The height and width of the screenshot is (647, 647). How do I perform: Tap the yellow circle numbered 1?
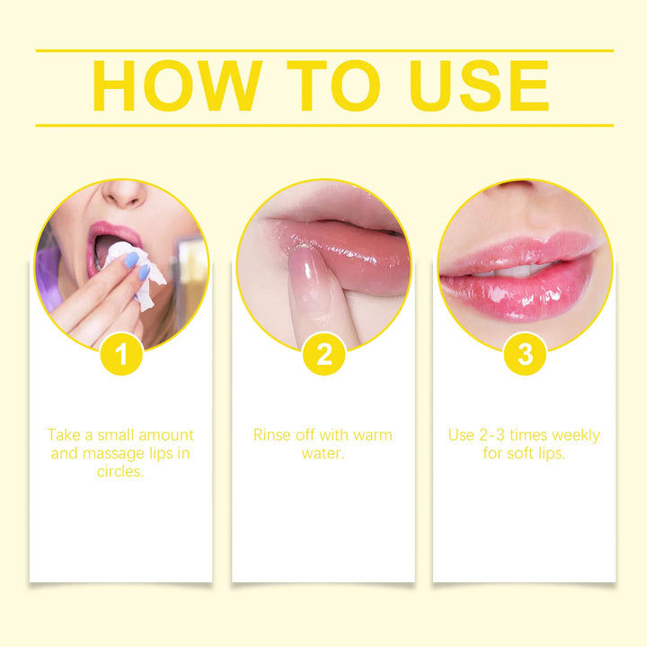point(122,355)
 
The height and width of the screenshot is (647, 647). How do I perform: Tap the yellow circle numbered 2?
point(323,355)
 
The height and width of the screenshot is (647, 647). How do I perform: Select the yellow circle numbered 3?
point(525,355)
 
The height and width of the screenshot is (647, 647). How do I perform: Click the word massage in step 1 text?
point(111,454)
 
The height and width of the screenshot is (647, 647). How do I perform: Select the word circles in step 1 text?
point(120,472)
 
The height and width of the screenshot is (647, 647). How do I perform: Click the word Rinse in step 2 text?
point(272,436)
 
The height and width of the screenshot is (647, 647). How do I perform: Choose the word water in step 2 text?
point(323,454)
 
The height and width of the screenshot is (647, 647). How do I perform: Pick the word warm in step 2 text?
point(372,436)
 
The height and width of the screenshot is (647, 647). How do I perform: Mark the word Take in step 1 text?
point(65,436)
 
